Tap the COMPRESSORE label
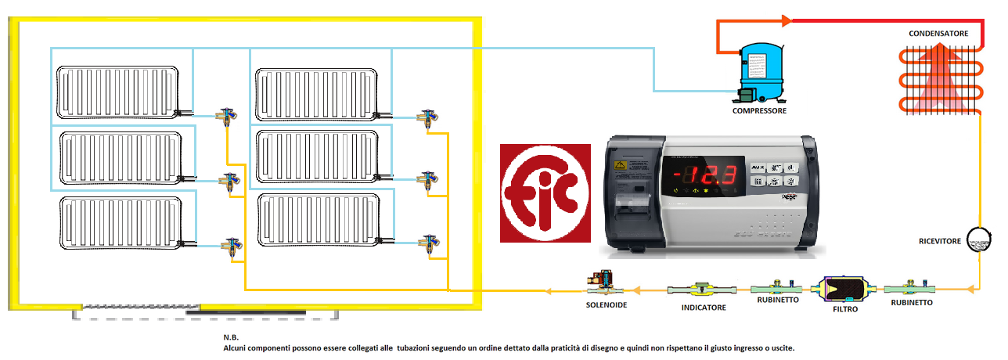coord(759,111)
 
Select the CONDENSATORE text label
coord(938,34)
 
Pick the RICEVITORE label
coord(939,242)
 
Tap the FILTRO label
coord(845,310)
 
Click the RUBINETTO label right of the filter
coord(912,304)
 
